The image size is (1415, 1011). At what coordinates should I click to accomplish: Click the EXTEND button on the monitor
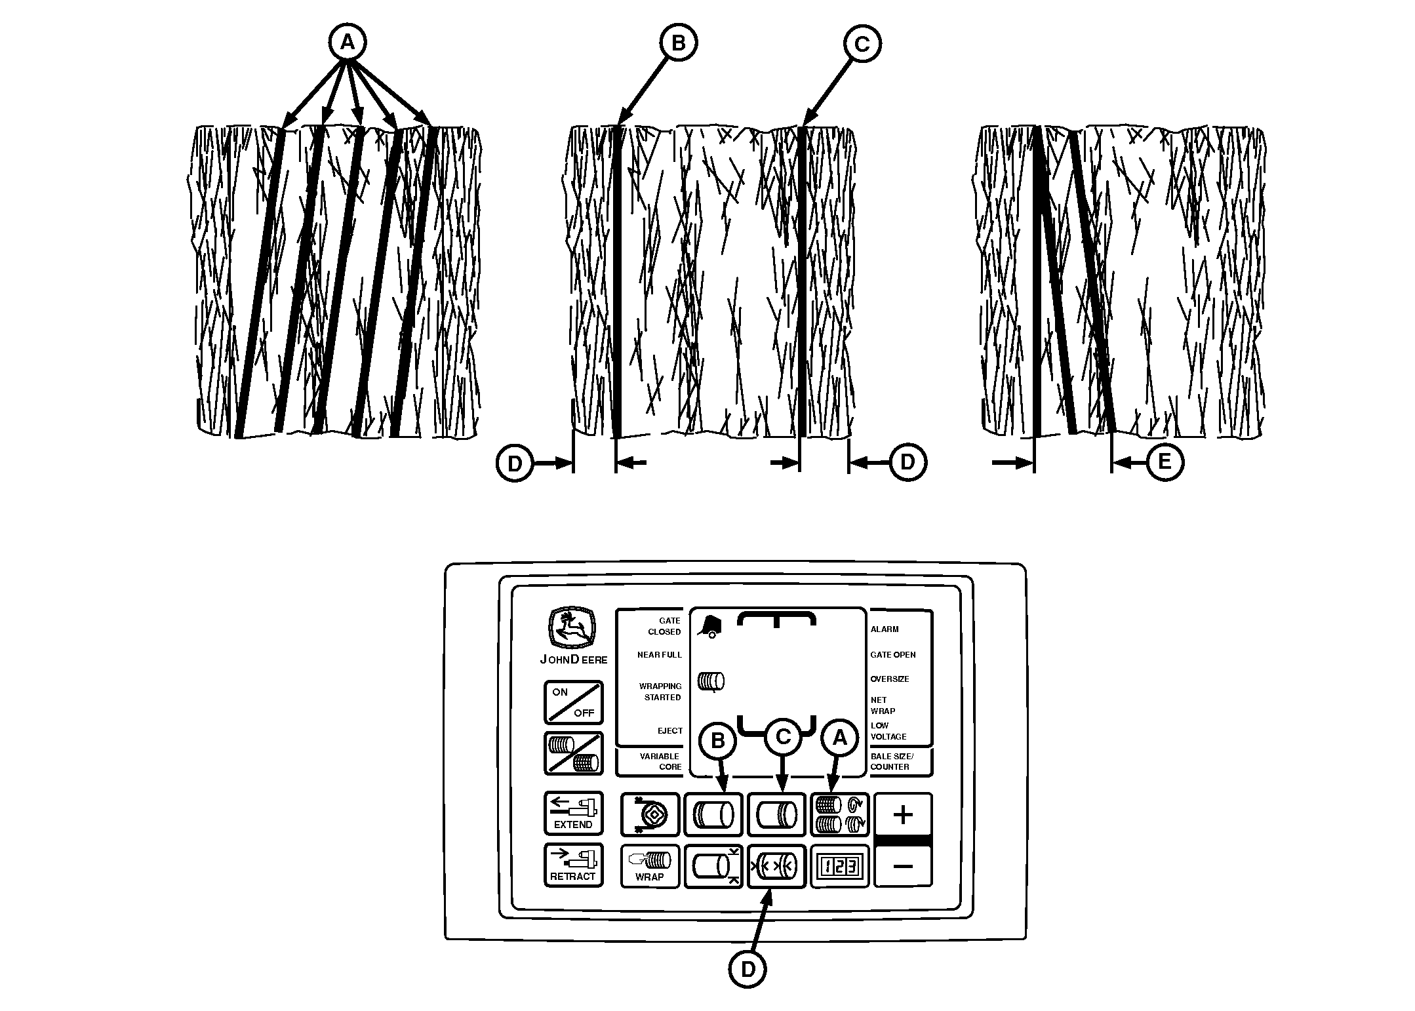click(x=573, y=813)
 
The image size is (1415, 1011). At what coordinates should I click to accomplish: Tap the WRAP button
click(x=650, y=866)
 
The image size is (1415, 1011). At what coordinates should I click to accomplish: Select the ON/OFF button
click(x=573, y=702)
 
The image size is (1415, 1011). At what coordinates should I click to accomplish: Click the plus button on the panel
click(x=903, y=815)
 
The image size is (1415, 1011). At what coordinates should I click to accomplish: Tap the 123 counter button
click(x=840, y=866)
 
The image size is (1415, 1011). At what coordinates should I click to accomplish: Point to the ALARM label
click(x=885, y=629)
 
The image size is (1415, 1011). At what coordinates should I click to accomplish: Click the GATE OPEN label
click(x=893, y=655)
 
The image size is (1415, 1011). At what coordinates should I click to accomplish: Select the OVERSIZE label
click(x=890, y=679)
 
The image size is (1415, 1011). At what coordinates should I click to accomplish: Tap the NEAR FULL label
click(x=660, y=655)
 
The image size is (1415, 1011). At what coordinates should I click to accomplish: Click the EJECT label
click(x=670, y=730)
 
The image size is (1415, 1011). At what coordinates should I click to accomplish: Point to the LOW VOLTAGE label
click(x=888, y=731)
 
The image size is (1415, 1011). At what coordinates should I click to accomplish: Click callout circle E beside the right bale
click(x=1164, y=462)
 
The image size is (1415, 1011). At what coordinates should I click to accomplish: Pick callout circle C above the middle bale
click(x=862, y=44)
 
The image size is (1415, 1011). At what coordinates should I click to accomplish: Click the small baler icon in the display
click(x=708, y=625)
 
